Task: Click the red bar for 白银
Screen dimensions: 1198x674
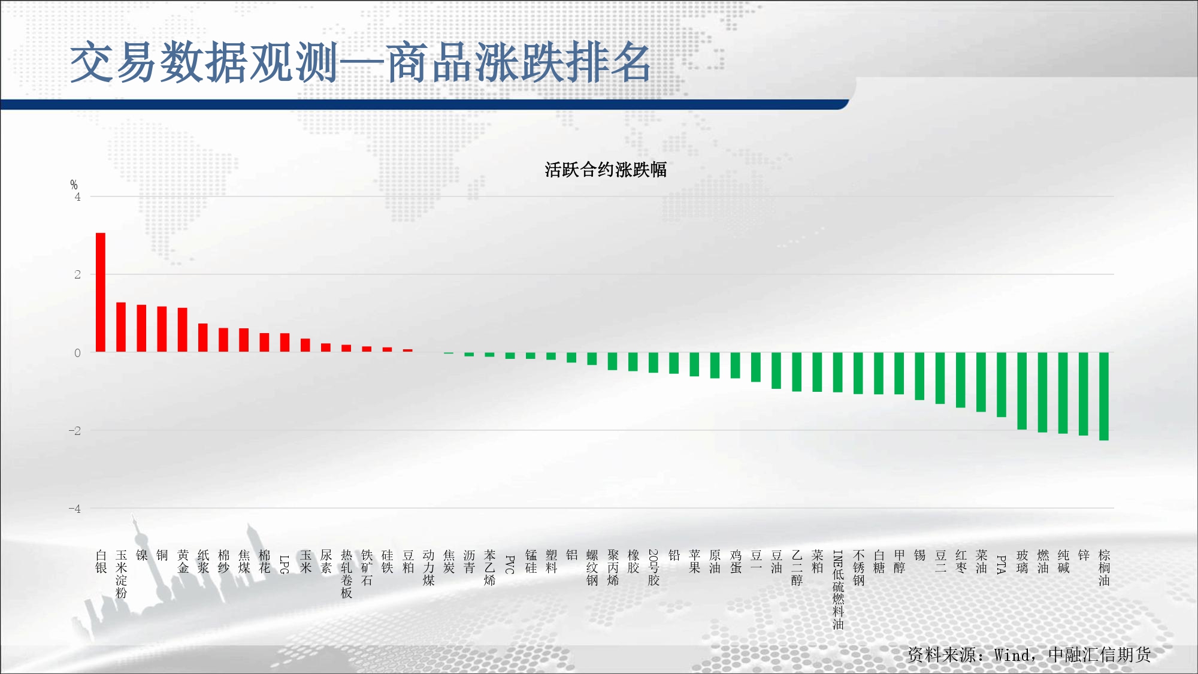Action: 101,292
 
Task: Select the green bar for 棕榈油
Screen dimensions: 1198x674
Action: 1104,397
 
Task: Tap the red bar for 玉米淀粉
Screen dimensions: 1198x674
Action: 121,327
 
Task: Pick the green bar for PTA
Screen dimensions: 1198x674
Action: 1002,385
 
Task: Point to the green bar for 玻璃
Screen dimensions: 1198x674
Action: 1022,391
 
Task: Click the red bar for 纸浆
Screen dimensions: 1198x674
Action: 203,338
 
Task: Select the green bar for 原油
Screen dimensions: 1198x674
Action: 715,365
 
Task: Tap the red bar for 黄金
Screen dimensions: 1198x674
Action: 183,330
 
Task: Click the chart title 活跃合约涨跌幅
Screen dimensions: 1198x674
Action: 606,170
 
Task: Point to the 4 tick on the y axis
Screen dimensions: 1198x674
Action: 77,197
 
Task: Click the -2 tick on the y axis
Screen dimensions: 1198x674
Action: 74,431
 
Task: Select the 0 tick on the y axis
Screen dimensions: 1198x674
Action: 77,353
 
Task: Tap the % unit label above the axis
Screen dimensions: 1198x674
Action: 74,185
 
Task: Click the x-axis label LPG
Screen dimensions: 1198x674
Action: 285,564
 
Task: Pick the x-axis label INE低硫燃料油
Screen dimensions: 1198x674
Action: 838,590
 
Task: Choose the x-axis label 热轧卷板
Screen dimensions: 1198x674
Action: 347,574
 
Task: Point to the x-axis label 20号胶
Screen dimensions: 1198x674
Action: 654,567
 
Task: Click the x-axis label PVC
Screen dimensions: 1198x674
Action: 510,564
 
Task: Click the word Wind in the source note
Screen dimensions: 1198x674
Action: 1012,655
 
